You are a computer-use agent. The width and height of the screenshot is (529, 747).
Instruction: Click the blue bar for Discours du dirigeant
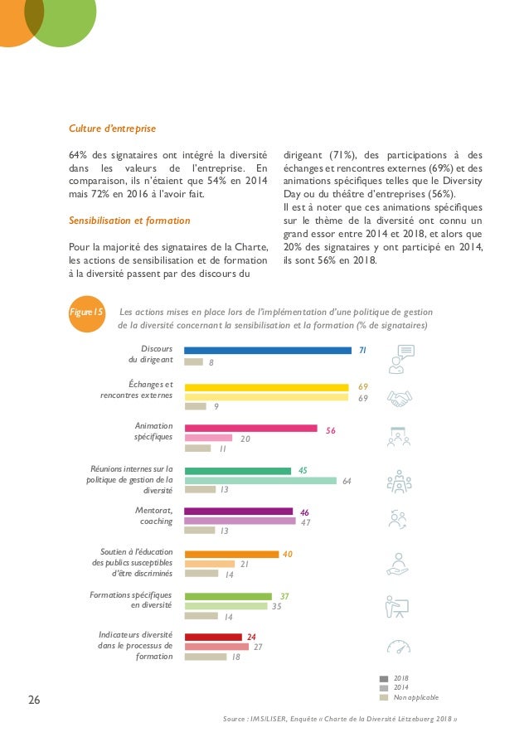click(x=267, y=351)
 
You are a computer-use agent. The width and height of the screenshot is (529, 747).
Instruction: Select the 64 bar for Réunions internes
click(x=260, y=481)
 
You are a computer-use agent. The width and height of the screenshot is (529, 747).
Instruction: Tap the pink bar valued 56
click(x=250, y=429)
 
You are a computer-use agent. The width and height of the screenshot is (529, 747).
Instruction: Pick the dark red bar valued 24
click(x=212, y=637)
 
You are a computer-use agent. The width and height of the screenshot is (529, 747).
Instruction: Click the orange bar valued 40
click(x=231, y=554)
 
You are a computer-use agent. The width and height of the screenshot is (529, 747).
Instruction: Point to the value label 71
click(x=362, y=351)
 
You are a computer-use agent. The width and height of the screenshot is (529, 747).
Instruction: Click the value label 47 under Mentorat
click(x=305, y=522)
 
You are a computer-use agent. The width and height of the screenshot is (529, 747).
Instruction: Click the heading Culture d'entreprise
click(x=112, y=129)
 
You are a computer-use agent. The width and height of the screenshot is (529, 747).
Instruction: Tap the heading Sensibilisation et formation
click(x=129, y=221)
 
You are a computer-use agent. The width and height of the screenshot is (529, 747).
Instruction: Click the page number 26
click(x=34, y=700)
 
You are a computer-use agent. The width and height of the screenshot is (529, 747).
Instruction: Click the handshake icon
click(x=401, y=400)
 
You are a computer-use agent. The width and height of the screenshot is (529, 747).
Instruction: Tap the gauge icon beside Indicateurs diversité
click(x=399, y=647)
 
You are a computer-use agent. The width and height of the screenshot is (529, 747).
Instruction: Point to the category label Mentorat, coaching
click(x=153, y=516)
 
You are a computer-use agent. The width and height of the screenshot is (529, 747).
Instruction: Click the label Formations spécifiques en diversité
click(x=131, y=600)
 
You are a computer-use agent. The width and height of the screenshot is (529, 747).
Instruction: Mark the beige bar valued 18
click(x=205, y=657)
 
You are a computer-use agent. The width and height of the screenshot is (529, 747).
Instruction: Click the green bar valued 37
click(x=227, y=596)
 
